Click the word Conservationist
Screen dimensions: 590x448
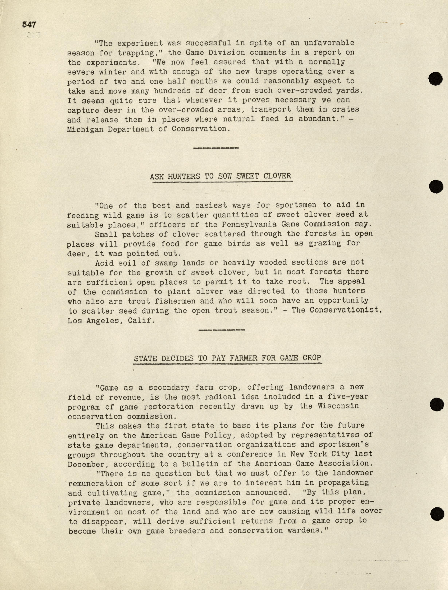pyautogui.click(x=337, y=310)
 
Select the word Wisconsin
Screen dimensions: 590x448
pyautogui.click(x=338, y=406)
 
